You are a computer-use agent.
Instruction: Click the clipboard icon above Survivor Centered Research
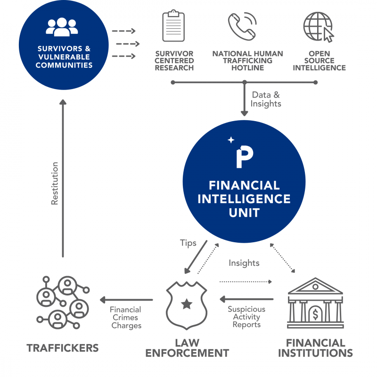173,27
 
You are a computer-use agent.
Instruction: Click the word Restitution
55,183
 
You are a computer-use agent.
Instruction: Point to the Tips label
188,243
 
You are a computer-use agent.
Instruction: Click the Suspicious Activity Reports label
246,317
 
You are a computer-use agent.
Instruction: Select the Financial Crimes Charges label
126,318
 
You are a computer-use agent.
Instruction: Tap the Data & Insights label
266,99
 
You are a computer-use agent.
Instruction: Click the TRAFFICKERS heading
63,348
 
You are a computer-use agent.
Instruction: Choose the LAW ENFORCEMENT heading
187,348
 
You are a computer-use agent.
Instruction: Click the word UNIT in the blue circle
244,212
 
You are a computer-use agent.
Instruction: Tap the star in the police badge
187,304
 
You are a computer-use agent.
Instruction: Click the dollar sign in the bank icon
315,312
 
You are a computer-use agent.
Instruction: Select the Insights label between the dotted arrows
244,263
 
